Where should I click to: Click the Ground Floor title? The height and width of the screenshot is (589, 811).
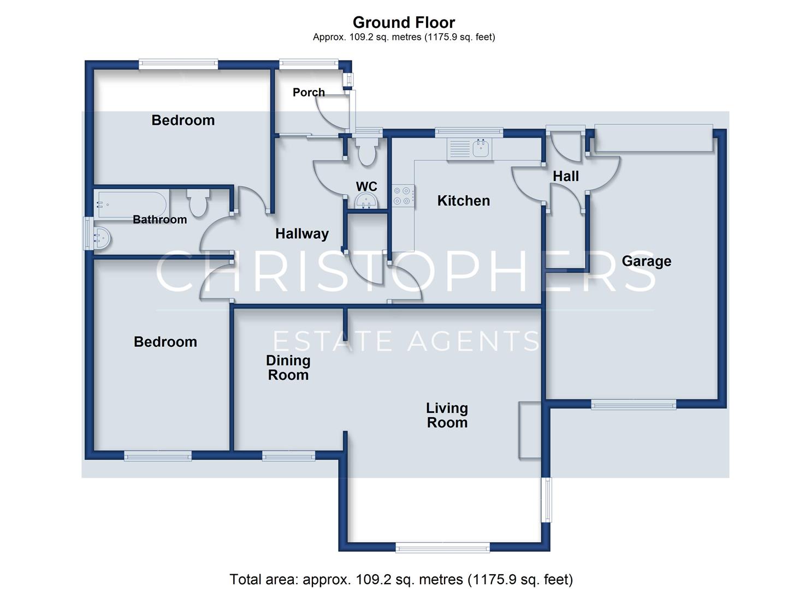(404, 22)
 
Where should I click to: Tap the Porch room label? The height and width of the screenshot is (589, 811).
(309, 92)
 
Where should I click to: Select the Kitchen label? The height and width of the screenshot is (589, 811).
(464, 201)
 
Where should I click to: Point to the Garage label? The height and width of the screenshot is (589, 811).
(646, 261)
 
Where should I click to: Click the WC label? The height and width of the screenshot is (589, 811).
(366, 187)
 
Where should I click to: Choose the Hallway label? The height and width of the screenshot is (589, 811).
(302, 234)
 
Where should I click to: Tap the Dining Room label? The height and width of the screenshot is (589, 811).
(288, 368)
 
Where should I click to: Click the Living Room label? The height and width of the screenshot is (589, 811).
(447, 415)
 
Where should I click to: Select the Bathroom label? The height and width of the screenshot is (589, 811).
(159, 219)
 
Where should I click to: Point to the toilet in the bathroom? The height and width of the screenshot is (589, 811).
(198, 203)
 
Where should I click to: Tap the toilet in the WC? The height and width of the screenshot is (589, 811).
(366, 152)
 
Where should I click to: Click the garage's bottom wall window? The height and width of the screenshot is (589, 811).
(633, 404)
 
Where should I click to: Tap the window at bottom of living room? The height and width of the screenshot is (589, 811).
(442, 549)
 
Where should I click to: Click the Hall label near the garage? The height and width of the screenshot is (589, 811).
(566, 177)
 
